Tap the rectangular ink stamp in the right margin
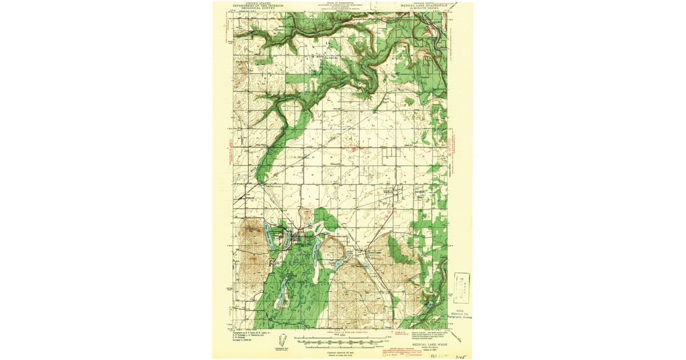462,288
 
